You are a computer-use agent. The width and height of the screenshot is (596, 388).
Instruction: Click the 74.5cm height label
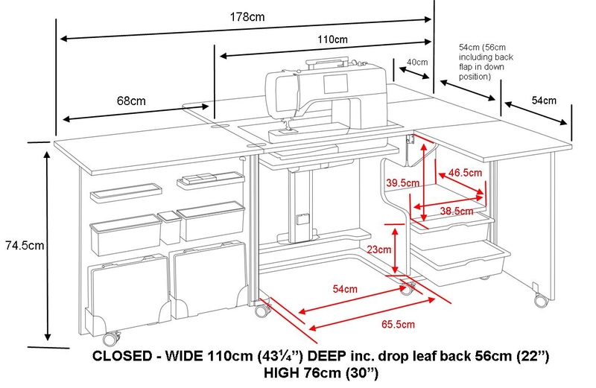(22, 244)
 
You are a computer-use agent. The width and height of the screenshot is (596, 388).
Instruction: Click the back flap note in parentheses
(478, 61)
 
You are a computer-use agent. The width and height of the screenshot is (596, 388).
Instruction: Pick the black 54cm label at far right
(542, 100)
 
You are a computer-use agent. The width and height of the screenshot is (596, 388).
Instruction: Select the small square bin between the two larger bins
(169, 227)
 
